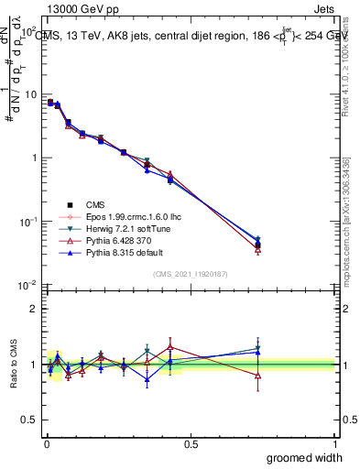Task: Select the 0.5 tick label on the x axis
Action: click(190, 444)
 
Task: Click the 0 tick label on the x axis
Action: click(46, 444)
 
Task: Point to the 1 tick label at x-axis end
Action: click(334, 444)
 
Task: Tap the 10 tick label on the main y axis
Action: click(30, 94)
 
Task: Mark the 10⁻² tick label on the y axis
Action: click(28, 286)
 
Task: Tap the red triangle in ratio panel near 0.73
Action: click(257, 376)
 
